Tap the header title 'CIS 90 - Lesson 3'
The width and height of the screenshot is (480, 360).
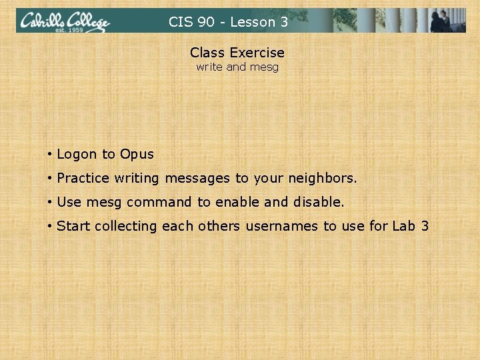point(228,22)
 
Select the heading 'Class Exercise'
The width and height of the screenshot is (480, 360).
point(237,52)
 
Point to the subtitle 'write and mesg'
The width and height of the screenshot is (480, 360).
point(237,67)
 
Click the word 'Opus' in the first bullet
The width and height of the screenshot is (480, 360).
point(137,155)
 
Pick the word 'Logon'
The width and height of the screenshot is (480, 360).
point(77,154)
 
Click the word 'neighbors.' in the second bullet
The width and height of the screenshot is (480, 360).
point(323,179)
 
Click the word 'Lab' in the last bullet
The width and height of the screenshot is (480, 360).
point(403,226)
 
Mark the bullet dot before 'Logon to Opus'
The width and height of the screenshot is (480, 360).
point(50,155)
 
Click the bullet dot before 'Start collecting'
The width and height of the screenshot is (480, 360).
point(50,226)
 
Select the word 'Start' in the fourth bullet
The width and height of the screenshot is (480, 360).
point(73,226)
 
